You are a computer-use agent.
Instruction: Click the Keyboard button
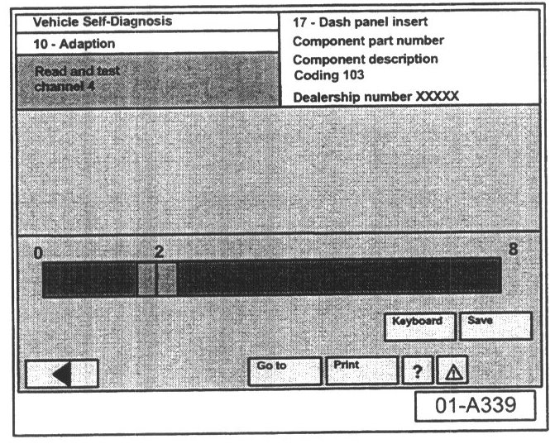[x=419, y=326]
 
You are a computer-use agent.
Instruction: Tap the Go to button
[x=285, y=371]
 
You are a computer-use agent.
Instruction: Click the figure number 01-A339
[x=476, y=407]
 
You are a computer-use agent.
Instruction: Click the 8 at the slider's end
[x=513, y=248]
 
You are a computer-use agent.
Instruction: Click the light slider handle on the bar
[x=157, y=279]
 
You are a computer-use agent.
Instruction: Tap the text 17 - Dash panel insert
[x=360, y=21]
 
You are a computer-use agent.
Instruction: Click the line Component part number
[x=368, y=41]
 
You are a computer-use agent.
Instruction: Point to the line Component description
[x=365, y=60]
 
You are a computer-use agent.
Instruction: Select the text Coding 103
[x=328, y=75]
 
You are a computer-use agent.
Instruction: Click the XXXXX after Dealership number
[x=437, y=96]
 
